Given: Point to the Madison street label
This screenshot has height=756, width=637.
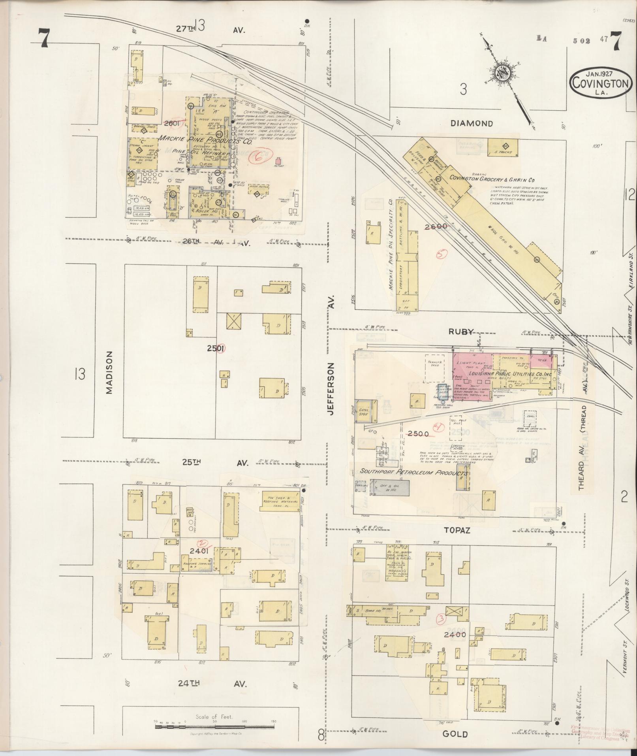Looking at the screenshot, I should click(x=109, y=373).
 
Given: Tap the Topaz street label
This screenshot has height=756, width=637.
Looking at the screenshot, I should click(x=456, y=531).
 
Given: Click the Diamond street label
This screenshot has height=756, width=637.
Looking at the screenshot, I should click(x=472, y=123).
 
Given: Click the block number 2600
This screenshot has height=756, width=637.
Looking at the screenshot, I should click(x=436, y=226).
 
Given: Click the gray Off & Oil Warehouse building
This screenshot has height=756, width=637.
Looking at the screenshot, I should click(x=389, y=489).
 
